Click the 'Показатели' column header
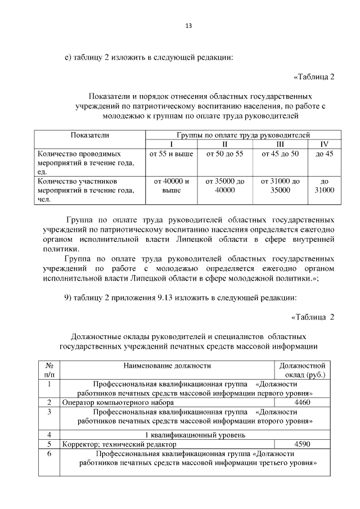tap(89, 136)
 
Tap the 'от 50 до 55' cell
tap(224, 154)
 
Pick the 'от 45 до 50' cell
tap(280, 154)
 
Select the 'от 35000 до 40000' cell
tap(224, 186)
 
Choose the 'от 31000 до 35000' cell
tap(280, 186)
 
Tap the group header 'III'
tap(280, 145)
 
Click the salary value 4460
tap(303, 402)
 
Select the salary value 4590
tap(303, 444)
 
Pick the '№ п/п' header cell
tap(49, 370)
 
